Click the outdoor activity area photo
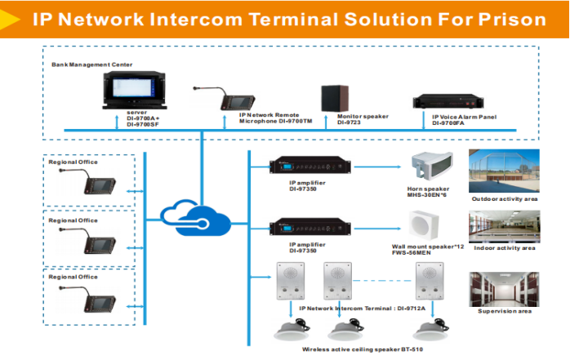pos(502,170)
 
